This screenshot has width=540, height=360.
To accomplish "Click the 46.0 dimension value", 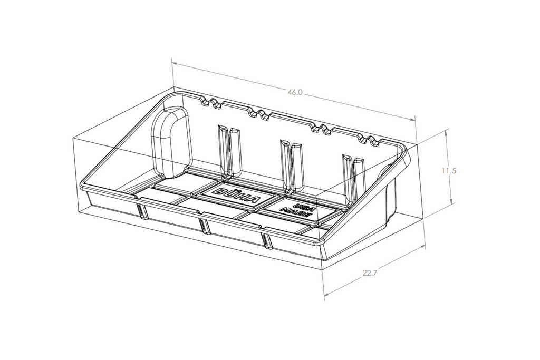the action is [x=295, y=92].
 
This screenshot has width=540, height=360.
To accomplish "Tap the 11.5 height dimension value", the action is [x=449, y=170].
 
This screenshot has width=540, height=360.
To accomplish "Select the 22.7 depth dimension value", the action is [x=370, y=273].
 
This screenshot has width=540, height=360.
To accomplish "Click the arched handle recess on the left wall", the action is [x=170, y=142].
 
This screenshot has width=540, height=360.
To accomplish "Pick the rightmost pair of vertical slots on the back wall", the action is [x=353, y=179].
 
